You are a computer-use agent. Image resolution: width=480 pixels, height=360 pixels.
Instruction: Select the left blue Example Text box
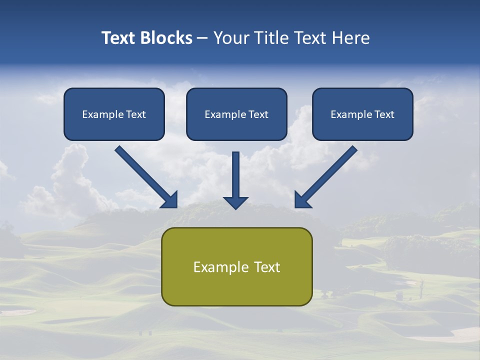114,114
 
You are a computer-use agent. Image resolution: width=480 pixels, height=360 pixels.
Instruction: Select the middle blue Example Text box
236,114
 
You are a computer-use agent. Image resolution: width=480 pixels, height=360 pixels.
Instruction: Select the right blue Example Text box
362,114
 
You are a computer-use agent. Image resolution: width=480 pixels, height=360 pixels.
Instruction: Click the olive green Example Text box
237,266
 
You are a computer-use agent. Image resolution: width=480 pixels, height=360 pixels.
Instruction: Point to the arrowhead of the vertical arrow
235,202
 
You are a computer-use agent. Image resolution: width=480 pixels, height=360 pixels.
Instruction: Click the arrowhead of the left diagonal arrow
169,199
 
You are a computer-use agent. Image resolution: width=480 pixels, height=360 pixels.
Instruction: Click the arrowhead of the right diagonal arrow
302,199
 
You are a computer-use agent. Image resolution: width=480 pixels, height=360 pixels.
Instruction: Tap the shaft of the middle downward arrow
235,172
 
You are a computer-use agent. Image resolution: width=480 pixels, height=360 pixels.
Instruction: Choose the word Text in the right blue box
384,114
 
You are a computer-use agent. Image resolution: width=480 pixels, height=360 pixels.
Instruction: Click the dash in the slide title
202,38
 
